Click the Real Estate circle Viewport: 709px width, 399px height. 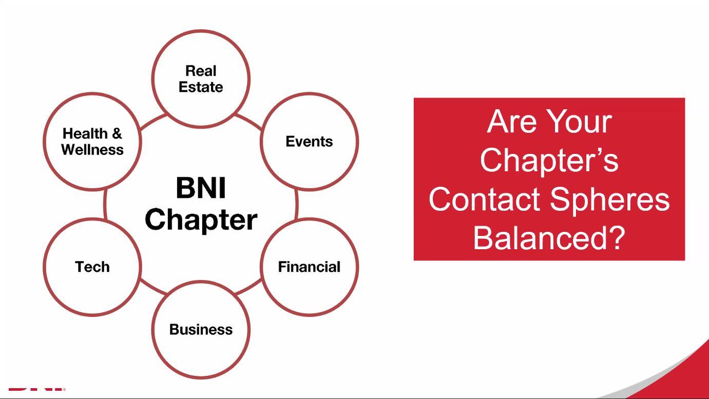201,78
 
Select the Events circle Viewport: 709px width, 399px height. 309,142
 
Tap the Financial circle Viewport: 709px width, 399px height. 309,267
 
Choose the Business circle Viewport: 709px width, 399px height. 201,329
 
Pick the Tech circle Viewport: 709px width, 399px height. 92,267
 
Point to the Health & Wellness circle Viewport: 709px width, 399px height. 92,142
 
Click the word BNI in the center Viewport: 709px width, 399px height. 201,188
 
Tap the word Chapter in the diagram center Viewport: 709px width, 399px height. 201,220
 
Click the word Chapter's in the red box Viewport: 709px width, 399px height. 549,160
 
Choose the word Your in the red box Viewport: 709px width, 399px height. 579,122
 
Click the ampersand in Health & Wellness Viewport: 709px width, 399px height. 117,134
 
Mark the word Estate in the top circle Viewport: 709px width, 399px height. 201,87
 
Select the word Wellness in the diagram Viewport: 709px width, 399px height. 92,150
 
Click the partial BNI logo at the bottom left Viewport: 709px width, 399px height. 36,389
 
